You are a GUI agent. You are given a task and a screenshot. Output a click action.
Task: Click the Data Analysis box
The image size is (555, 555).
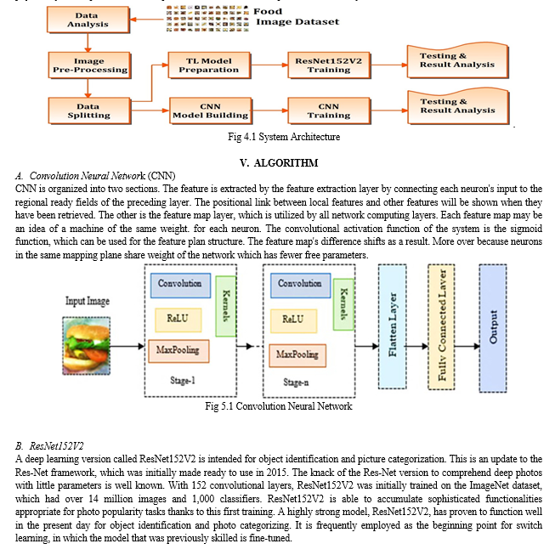pos(88,20)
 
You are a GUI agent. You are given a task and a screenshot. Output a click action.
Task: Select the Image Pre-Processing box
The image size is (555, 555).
pos(89,65)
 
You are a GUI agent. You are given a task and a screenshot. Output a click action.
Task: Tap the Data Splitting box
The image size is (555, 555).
pos(89,110)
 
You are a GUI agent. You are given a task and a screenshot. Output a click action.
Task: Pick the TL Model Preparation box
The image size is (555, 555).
pos(209,65)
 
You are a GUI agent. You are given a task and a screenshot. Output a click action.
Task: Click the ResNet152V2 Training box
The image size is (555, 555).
pos(329,65)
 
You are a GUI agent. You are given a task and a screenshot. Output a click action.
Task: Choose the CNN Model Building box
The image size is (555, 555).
pos(211,110)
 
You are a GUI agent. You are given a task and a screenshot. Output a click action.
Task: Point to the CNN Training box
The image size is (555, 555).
pos(329,110)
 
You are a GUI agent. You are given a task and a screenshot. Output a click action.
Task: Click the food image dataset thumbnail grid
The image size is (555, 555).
pos(207,19)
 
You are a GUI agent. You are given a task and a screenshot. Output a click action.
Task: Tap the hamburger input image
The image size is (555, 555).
pos(87,346)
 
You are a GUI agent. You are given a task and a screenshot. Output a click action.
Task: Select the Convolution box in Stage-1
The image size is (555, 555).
pos(180,286)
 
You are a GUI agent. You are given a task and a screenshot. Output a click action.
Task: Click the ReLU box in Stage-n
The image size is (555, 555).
pos(294,321)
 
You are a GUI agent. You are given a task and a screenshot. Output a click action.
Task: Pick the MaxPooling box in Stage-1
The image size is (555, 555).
pos(178,351)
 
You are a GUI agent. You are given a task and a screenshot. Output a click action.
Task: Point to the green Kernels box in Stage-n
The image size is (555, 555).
pos(343,304)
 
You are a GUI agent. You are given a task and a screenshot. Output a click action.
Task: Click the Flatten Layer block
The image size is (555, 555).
pos(392,326)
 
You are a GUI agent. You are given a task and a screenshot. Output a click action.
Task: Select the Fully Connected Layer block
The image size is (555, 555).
pos(441,326)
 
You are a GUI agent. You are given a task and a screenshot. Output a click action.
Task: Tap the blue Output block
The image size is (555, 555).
pos(493,328)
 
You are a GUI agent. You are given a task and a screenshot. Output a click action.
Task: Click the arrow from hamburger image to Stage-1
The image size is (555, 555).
pos(127,346)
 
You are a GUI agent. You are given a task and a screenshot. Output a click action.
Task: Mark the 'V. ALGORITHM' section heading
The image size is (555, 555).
pos(279,163)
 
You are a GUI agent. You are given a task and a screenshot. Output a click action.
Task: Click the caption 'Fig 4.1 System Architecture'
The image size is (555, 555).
pos(284,137)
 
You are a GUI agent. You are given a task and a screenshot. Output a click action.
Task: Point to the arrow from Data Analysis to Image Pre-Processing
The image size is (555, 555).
pos(88,42)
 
